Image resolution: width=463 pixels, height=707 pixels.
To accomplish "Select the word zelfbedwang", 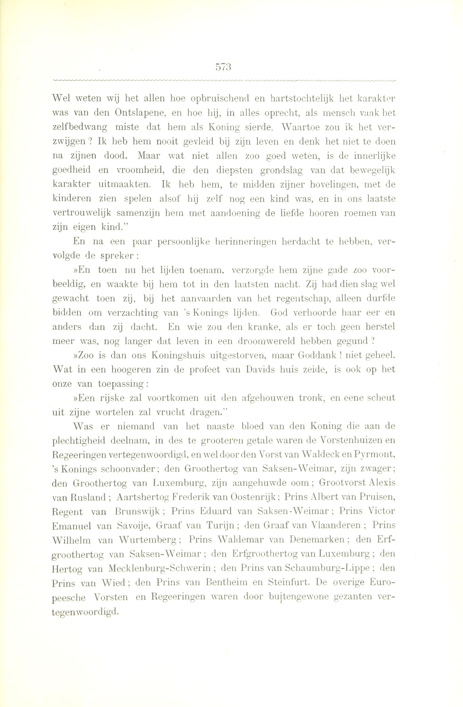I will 80,127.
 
